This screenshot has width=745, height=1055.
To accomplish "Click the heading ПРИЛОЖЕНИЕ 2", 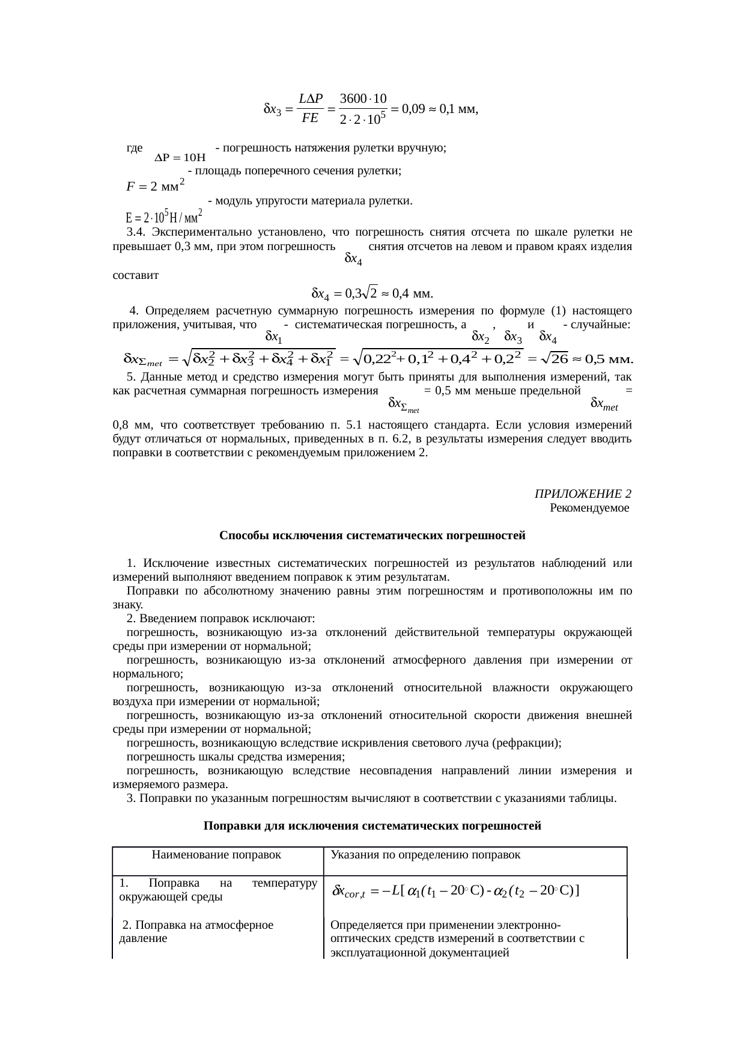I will tap(582, 494).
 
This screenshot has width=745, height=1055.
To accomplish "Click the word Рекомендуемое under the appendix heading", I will tap(589, 508).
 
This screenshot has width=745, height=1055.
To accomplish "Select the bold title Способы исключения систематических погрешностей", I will tap(372, 535).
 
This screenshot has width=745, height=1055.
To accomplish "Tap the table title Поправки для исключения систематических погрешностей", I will tap(372, 826).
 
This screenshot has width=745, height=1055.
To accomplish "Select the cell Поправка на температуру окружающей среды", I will tap(217, 890).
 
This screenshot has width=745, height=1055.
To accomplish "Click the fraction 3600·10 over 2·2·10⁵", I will tap(363, 109).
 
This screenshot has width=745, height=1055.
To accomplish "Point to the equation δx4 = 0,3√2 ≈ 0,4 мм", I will tap(372, 293).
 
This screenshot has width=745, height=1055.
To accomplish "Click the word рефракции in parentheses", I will tap(526, 743).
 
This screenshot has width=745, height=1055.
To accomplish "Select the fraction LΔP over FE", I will tap(311, 109).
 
